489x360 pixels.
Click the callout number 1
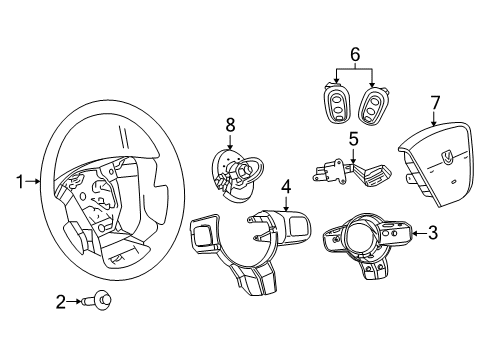point(18,182)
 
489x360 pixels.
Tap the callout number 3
point(432,234)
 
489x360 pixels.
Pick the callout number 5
point(353,139)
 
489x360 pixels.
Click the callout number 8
point(229,126)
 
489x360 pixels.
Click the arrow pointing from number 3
point(415,234)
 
